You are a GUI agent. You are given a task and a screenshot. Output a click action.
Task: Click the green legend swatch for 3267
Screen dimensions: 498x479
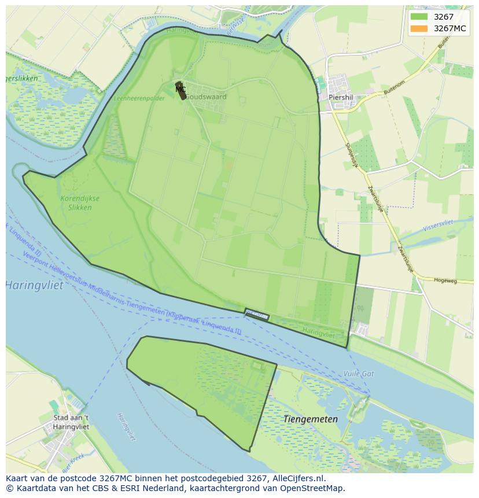click(x=419, y=17)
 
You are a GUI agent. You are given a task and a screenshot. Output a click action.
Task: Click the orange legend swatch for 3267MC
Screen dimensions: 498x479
click(x=419, y=29)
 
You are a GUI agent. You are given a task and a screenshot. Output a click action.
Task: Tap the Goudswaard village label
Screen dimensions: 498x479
click(x=206, y=97)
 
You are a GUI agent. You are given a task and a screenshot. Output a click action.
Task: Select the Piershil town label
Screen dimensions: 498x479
click(x=340, y=97)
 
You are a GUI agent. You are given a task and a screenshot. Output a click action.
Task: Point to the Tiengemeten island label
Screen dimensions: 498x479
click(x=310, y=419)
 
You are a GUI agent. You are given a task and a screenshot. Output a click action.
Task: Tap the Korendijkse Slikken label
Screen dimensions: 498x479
click(x=80, y=202)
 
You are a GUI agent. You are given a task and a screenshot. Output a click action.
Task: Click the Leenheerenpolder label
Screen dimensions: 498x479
click(x=139, y=98)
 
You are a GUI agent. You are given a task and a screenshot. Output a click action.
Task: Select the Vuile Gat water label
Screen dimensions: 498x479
click(x=358, y=374)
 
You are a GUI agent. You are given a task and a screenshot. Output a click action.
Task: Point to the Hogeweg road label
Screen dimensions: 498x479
click(x=445, y=281)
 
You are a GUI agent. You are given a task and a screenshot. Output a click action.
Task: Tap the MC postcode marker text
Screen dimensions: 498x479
click(x=180, y=90)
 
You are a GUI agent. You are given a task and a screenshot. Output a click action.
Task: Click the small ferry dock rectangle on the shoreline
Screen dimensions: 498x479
click(x=257, y=315)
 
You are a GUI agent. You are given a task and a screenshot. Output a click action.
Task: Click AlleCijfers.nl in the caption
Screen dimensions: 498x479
click(x=298, y=478)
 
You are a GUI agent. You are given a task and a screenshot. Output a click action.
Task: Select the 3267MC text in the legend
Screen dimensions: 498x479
click(x=450, y=29)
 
